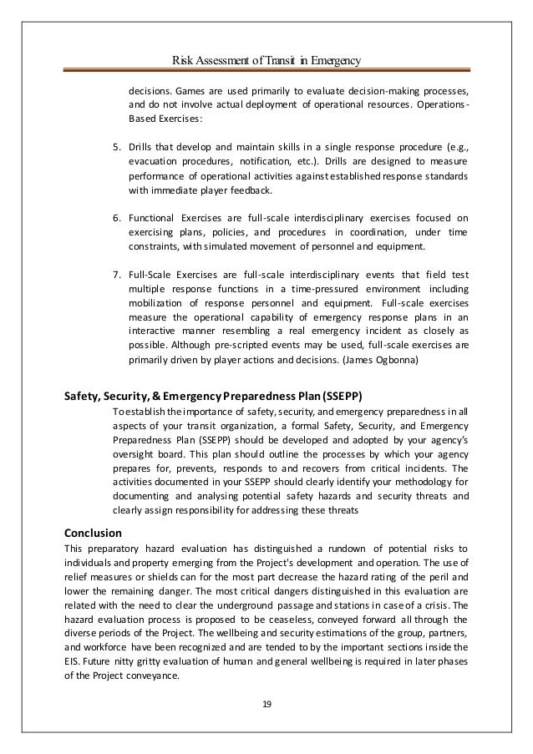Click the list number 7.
click(116, 274)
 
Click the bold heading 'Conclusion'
click(93, 532)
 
